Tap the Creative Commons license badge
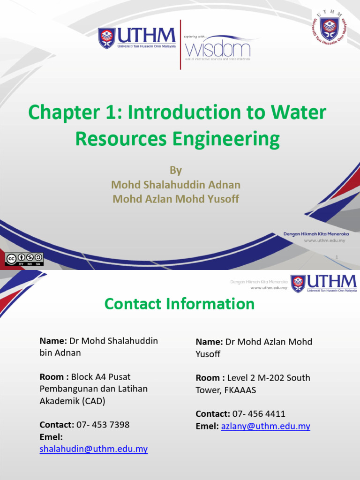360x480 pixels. tap(24, 259)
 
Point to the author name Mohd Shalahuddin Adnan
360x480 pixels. tap(176, 185)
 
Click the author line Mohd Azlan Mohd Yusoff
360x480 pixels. tap(176, 199)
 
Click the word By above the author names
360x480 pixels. tap(176, 170)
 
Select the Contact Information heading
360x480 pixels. tap(180, 304)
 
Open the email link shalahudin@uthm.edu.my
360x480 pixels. tap(94, 449)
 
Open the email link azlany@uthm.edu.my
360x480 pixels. tap(265, 426)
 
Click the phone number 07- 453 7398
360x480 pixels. tap(103, 425)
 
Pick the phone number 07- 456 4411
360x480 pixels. tap(259, 414)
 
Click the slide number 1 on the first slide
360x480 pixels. tap(337, 257)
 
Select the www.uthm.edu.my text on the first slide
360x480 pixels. tap(324, 240)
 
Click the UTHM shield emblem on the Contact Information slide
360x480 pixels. tap(298, 284)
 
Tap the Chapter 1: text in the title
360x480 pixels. tap(75, 112)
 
